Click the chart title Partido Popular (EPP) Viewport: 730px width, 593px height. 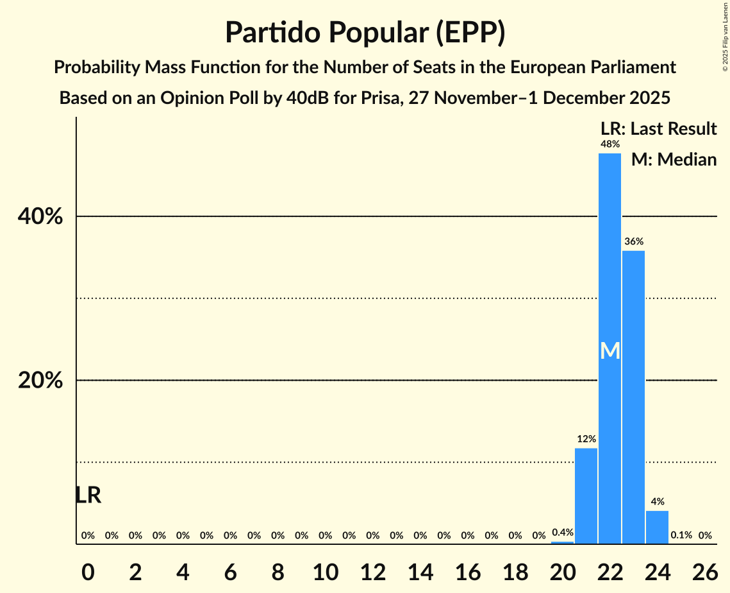(365, 32)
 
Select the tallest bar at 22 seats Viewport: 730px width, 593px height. (610, 257)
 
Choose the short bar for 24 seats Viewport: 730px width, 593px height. (657, 527)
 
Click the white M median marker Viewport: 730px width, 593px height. (610, 351)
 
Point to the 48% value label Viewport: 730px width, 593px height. (610, 144)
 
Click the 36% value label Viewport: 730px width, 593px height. (633, 242)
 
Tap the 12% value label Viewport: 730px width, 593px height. (586, 440)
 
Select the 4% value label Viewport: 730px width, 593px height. (657, 502)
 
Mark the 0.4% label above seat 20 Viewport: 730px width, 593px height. (563, 533)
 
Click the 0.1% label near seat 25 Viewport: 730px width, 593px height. (681, 535)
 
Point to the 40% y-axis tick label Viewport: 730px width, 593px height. (40, 217)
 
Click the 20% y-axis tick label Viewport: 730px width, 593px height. (40, 381)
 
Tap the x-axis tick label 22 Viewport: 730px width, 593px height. (610, 568)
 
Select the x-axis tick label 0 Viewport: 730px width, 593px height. (88, 568)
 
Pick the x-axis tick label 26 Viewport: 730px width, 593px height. (704, 568)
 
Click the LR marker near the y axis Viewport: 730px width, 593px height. (88, 495)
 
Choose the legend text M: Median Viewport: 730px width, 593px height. (674, 159)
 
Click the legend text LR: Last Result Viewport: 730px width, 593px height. (658, 129)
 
